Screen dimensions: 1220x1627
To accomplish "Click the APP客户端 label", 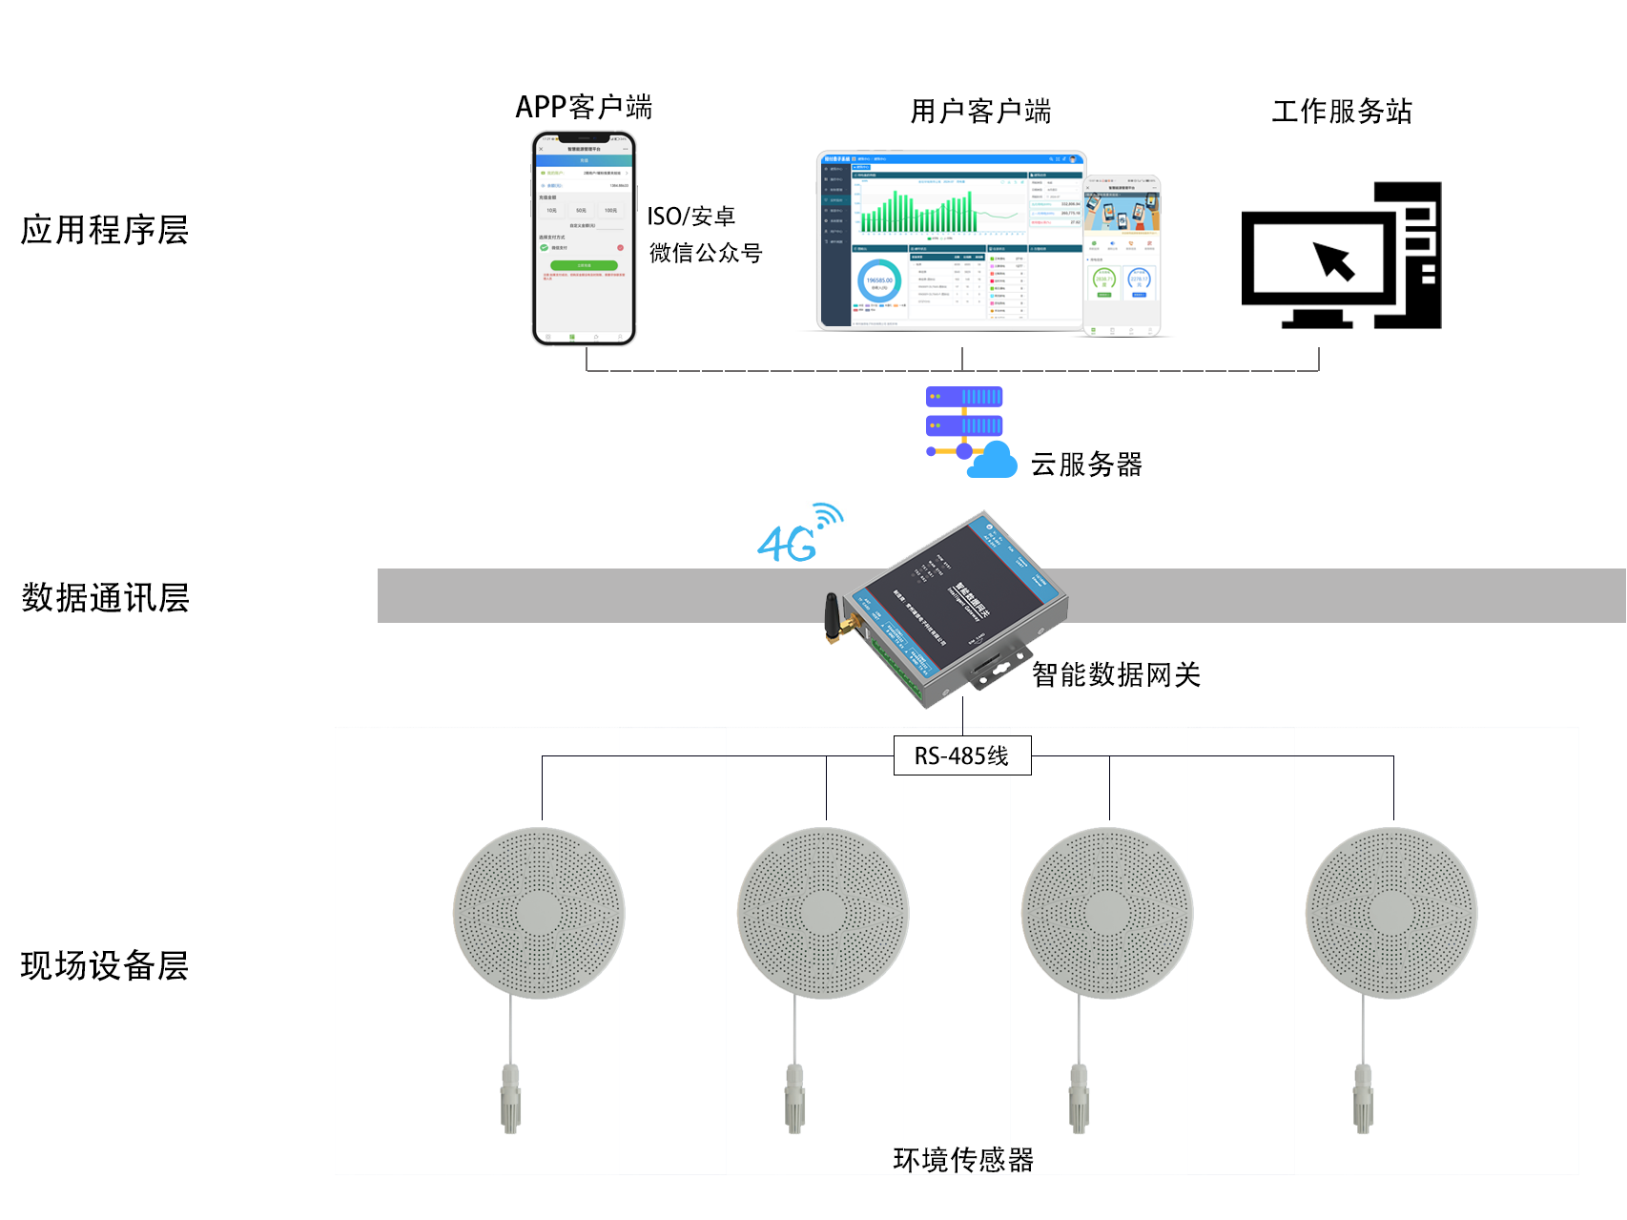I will tap(584, 107).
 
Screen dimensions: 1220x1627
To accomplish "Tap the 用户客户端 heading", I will tap(980, 112).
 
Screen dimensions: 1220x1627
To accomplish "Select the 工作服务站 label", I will tap(1341, 112).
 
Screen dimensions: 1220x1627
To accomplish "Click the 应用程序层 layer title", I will tap(105, 230).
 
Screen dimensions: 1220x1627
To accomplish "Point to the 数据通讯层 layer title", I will tap(105, 598).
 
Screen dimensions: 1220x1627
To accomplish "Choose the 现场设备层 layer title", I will tap(105, 965).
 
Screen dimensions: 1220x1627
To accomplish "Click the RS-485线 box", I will tap(961, 755).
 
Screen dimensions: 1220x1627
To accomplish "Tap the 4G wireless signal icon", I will tap(799, 535).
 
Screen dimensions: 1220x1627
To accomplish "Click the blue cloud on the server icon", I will tap(993, 462).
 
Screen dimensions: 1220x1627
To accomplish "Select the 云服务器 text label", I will tap(1086, 465).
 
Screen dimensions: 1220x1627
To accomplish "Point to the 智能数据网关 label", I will tap(1116, 675).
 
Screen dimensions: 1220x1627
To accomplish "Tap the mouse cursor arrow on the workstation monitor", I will tap(1334, 260).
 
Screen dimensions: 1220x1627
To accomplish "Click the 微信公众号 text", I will tap(706, 253).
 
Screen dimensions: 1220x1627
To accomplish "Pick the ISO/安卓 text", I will tap(691, 217).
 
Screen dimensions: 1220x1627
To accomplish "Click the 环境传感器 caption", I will tap(963, 1160).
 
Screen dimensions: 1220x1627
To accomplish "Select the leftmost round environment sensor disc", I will tap(539, 913).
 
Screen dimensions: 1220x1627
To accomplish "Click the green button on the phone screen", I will tap(584, 265).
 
